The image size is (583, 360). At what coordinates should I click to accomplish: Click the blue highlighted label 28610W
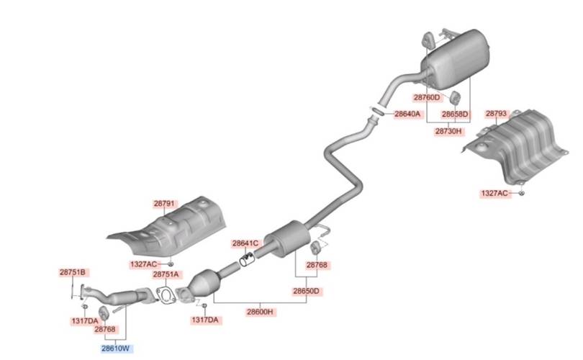pyautogui.click(x=117, y=348)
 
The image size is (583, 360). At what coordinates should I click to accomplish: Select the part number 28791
pyautogui.click(x=164, y=204)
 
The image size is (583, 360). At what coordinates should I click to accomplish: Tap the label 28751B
pyautogui.click(x=73, y=272)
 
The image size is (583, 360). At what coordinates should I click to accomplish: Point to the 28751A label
pyautogui.click(x=166, y=274)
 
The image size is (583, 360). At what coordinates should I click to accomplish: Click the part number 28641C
pyautogui.click(x=245, y=243)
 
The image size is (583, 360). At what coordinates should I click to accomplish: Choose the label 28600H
pyautogui.click(x=260, y=312)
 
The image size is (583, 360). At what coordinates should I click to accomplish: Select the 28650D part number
pyautogui.click(x=307, y=291)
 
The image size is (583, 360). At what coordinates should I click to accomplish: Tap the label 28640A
pyautogui.click(x=407, y=114)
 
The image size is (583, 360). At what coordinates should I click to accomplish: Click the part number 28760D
pyautogui.click(x=427, y=97)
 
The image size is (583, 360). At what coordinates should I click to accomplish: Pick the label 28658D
pyautogui.click(x=455, y=114)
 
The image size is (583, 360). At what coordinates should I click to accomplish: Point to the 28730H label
pyautogui.click(x=448, y=131)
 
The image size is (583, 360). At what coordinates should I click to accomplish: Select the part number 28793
pyautogui.click(x=497, y=113)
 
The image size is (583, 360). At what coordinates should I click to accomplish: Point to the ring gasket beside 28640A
pyautogui.click(x=378, y=110)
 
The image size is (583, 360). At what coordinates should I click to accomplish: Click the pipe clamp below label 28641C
pyautogui.click(x=246, y=259)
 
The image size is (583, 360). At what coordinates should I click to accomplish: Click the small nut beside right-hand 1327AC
pyautogui.click(x=521, y=193)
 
